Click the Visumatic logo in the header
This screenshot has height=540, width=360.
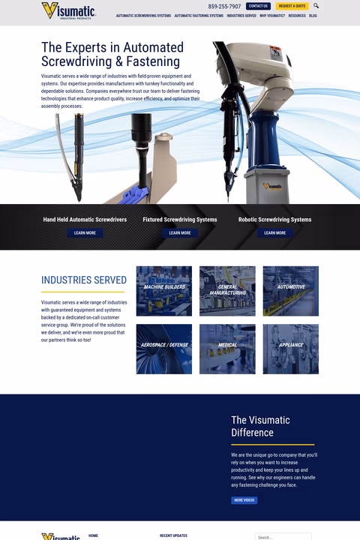67,10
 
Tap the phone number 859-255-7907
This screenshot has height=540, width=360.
224,6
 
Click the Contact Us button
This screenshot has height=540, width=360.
258,6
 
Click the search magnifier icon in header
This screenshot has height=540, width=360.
316,6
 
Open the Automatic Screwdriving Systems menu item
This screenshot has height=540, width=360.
143,16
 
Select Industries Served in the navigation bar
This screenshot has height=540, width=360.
241,16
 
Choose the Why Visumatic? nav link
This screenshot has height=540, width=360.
272,16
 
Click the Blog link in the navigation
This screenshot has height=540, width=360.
313,16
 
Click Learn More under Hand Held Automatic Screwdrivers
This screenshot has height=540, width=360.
85,233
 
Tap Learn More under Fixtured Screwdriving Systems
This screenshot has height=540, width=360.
180,233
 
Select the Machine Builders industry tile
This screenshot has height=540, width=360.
163,291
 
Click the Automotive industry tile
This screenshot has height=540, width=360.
290,291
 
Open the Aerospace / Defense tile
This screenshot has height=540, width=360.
163,349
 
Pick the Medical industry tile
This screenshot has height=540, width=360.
227,349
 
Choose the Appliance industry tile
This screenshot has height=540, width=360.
290,349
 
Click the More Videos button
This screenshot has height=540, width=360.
244,500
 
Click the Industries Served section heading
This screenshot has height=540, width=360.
84,280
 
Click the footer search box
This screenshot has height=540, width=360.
283,536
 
